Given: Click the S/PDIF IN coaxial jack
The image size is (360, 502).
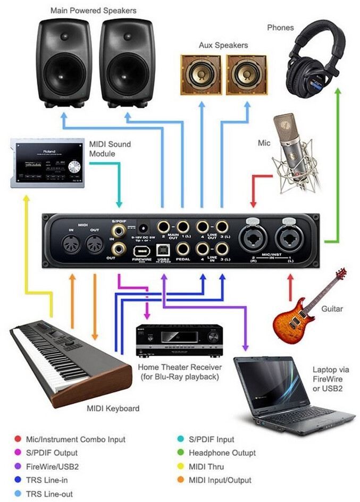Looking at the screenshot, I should click(118, 230).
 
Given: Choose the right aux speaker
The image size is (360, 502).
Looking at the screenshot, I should click(247, 75).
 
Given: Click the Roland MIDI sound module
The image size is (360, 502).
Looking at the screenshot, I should click(47, 162).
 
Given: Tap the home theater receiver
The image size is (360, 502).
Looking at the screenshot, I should click(178, 340).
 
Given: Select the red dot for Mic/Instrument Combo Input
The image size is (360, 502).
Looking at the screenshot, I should click(18, 439).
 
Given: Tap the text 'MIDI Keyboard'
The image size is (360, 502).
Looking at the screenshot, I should click(113, 408).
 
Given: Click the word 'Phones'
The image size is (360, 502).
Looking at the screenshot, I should click(280, 28).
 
